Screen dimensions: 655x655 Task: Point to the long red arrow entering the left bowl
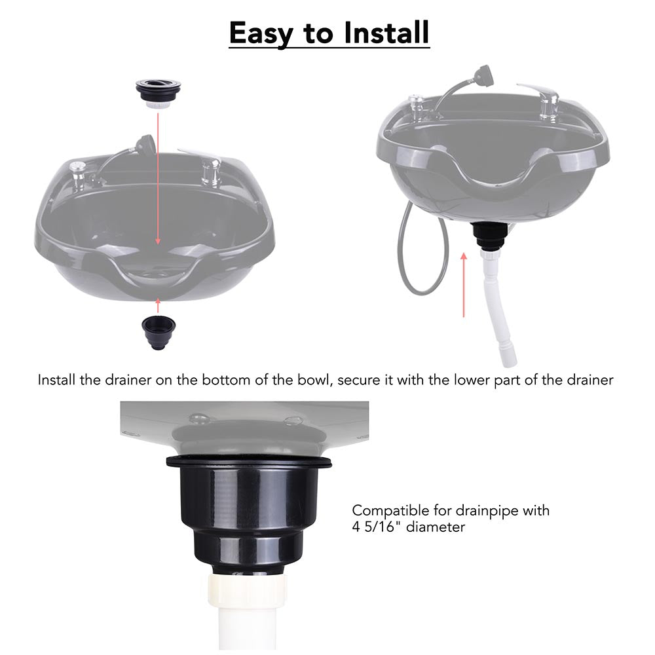tap(158, 177)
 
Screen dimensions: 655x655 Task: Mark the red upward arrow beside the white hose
tap(464, 284)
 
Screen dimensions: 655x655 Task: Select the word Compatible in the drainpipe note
tap(386, 510)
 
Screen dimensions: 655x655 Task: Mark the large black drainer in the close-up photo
tap(248, 511)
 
